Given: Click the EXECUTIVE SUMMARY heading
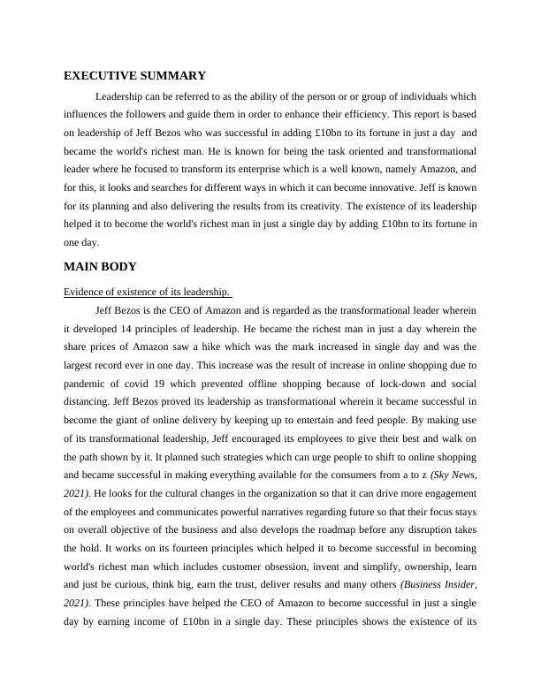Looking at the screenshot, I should pyautogui.click(x=134, y=76).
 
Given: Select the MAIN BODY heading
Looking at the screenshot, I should pyautogui.click(x=100, y=266).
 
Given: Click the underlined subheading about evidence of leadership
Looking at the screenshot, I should pyautogui.click(x=147, y=293).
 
